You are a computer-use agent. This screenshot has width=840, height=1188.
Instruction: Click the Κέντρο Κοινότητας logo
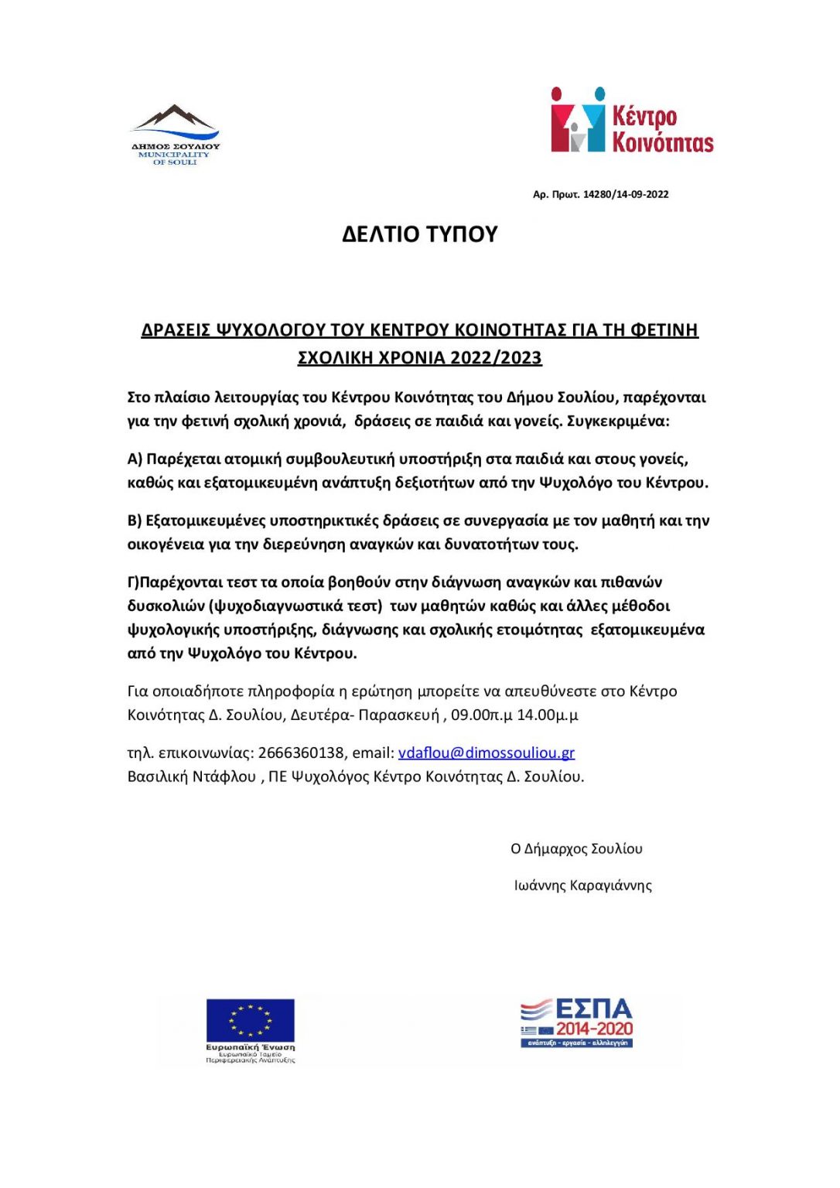click(x=632, y=120)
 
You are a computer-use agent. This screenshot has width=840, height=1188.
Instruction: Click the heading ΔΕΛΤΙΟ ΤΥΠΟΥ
click(x=419, y=234)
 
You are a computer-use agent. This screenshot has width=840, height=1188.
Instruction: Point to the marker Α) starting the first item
click(x=135, y=459)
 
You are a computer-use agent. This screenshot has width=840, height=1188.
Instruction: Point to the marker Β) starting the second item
click(x=135, y=521)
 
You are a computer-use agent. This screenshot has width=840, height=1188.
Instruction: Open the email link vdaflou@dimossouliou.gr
click(x=486, y=753)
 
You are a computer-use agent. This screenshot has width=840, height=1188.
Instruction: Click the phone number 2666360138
click(x=301, y=753)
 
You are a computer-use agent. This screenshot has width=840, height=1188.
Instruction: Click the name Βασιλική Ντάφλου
click(x=191, y=777)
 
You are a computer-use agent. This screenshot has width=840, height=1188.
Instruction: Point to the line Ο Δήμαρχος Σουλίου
click(x=576, y=849)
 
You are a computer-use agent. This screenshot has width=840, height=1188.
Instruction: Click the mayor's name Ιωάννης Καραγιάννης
click(x=582, y=886)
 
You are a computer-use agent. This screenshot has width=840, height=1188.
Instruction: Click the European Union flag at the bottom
click(x=250, y=1019)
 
